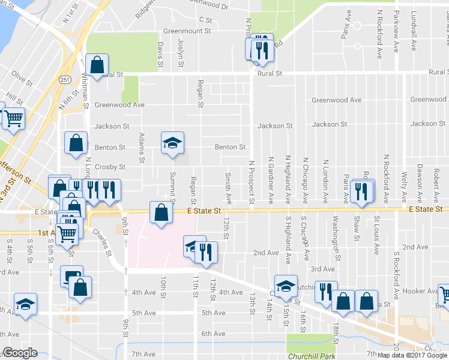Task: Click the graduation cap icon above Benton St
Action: coord(172,143)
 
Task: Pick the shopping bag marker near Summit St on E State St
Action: coord(161,213)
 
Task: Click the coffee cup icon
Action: coord(71,277)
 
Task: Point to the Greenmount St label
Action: coord(187,31)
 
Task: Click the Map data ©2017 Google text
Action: coord(412,355)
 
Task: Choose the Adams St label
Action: coord(142,148)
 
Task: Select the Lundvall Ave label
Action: coord(413,25)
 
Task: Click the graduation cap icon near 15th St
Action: coord(286,286)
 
